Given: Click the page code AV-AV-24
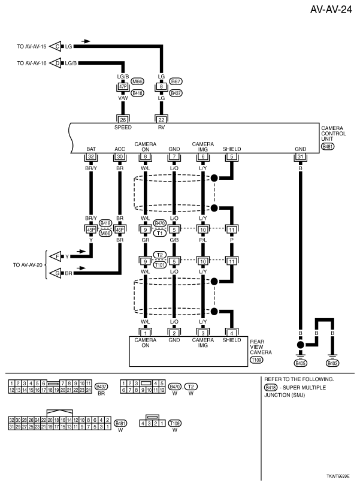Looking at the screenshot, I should (x=331, y=10).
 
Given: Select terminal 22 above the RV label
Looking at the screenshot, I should (x=160, y=119).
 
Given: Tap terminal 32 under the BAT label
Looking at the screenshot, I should (x=91, y=158).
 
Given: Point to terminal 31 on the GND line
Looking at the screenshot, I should (x=300, y=158).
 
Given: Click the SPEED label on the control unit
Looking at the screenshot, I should (x=122, y=128).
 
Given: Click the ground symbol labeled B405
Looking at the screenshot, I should (x=300, y=363).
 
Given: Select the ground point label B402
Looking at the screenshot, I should (x=332, y=363).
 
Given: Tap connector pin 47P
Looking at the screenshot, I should (x=122, y=86).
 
